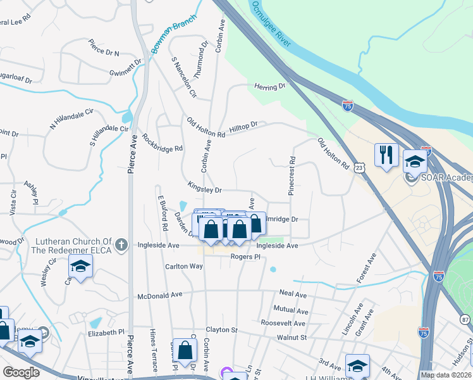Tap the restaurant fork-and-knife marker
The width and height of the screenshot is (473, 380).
[x=386, y=155]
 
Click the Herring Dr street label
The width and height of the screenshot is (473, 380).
[x=270, y=86]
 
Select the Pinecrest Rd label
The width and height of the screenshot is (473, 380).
[x=292, y=176]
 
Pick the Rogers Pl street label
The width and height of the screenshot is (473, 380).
[x=245, y=257]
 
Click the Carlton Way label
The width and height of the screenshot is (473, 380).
[x=185, y=267]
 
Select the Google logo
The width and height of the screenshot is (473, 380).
[x=21, y=372]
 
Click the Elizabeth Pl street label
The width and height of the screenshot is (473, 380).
[x=106, y=332]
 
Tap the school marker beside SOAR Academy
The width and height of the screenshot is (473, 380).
[x=415, y=162]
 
